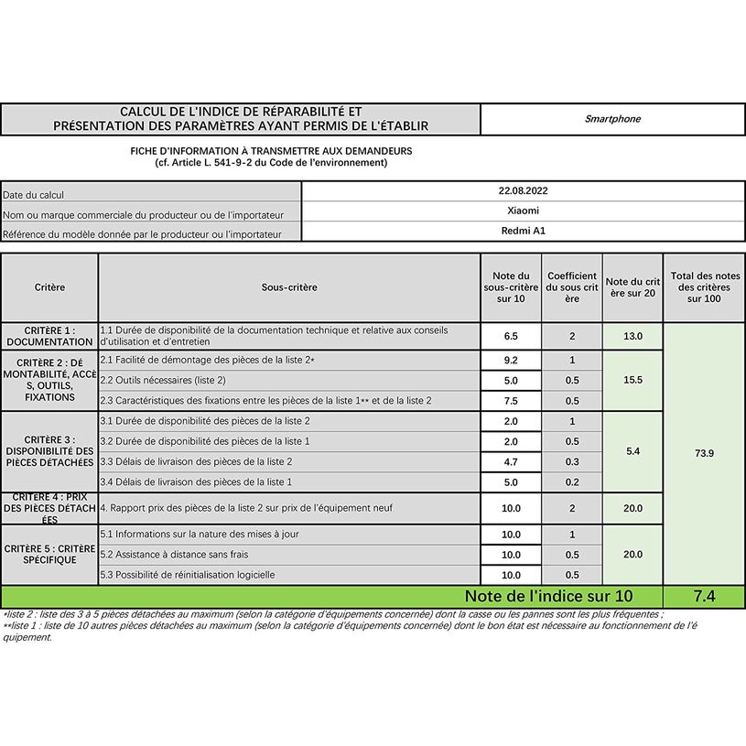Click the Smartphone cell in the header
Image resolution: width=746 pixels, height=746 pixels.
pos(612,119)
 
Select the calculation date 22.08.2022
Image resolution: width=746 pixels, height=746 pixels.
pos(523,191)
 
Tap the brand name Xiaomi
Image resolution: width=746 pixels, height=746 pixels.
pos(523,211)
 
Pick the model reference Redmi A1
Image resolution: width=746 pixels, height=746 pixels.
pos(523,232)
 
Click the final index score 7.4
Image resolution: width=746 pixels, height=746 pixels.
pos(704,597)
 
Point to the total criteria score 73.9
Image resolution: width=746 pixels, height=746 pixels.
pos(704,453)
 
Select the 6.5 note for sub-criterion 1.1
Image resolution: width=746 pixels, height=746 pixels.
pos(511,336)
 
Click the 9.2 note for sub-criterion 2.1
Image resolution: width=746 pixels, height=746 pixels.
pos(511,361)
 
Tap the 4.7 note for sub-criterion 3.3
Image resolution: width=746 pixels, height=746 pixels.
pos(511,462)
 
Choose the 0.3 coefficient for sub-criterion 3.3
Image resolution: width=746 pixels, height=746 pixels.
pos(572,462)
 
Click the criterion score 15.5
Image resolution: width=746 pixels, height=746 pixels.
pos(632,380)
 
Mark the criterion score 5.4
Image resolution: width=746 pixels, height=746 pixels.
pos(632,452)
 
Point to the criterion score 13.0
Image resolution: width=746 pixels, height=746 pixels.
pos(632,336)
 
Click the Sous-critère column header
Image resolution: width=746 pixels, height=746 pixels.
pos(289,287)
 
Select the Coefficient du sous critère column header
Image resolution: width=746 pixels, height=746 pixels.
pos(572,287)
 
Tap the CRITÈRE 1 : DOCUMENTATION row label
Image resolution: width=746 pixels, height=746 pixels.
pos(49,336)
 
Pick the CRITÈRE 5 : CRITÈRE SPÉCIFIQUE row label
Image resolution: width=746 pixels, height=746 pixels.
pos(49,554)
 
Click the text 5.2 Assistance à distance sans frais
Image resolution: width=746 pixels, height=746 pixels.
pos(174,555)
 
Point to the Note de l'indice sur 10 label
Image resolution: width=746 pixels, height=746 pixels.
pos(548,597)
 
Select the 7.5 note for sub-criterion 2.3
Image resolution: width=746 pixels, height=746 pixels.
pos(511,401)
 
